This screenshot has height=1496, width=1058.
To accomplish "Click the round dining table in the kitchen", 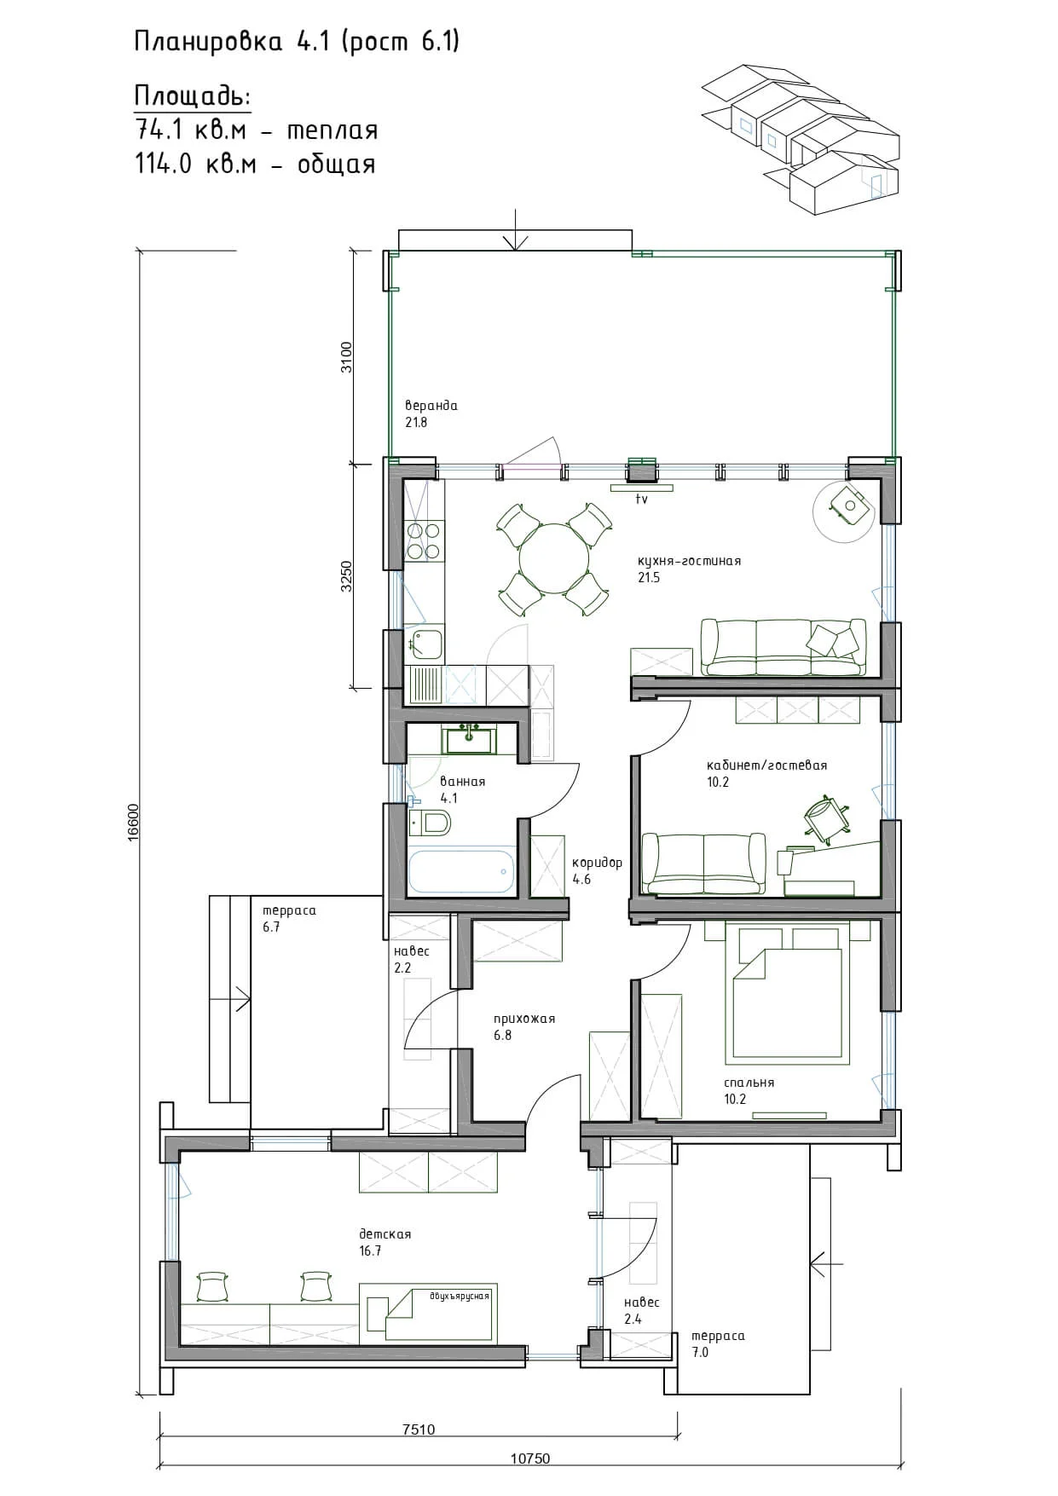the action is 553,558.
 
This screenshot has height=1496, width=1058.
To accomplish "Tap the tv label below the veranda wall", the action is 641,500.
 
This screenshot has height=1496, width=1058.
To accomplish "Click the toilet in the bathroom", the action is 431,823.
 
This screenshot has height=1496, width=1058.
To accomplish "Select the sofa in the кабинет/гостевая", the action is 703,864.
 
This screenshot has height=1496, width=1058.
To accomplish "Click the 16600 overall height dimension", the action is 133,823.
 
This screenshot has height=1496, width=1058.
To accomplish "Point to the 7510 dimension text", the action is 419,1430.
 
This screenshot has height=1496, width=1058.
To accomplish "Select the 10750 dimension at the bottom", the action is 530,1458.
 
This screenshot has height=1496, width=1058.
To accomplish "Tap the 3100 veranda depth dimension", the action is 345,357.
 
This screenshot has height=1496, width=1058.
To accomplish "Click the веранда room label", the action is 431,406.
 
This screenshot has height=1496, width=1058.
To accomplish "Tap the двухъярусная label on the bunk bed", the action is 460,1297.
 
